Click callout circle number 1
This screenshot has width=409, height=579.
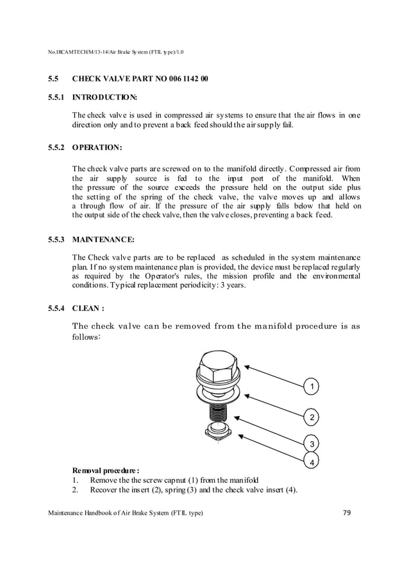[x=312, y=387]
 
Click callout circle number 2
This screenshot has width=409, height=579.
[x=312, y=418]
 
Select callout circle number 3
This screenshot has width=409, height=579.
[x=312, y=444]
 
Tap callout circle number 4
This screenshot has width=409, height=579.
[x=312, y=462]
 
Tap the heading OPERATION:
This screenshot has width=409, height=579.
[x=97, y=147]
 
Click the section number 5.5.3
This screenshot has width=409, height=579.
[x=56, y=240]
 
